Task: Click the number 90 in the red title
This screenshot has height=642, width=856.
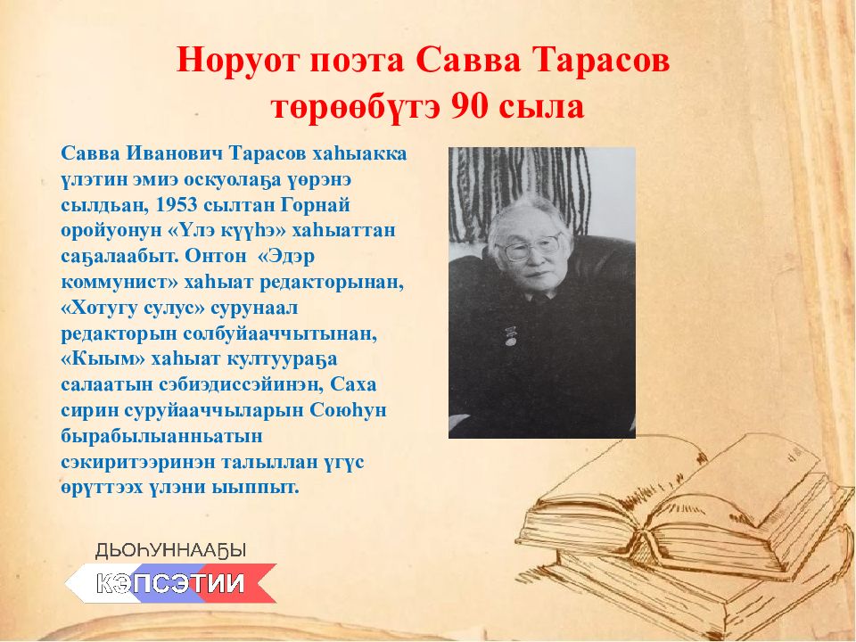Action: point(470,106)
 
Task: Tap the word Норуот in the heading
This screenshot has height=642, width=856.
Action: point(239,60)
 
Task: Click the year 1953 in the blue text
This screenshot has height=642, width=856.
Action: point(176,205)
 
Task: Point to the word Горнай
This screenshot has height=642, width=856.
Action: point(315,205)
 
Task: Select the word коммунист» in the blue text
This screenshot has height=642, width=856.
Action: point(119,283)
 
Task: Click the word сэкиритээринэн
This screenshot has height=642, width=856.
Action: point(138,463)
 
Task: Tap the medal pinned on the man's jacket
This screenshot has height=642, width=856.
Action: point(510,336)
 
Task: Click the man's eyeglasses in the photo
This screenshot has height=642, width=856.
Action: point(529,248)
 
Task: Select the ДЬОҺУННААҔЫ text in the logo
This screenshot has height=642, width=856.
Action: point(170,550)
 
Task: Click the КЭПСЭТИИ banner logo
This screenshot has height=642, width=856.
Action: point(170,583)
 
